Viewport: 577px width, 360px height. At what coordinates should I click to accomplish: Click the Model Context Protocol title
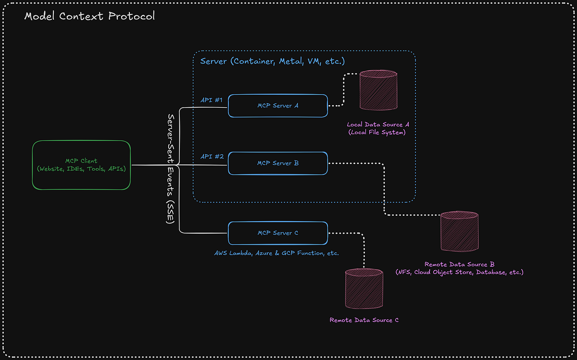point(89,16)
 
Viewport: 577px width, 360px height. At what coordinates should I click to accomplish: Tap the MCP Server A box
point(278,105)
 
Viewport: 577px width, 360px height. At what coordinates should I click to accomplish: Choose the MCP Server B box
point(278,163)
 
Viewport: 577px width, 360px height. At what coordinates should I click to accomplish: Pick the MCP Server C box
point(278,233)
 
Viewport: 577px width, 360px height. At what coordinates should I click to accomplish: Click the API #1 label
point(212,100)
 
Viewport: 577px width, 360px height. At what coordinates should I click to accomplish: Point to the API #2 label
point(212,157)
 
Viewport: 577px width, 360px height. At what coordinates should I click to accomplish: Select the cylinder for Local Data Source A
point(378,90)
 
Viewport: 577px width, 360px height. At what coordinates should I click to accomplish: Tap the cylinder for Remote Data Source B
point(460,231)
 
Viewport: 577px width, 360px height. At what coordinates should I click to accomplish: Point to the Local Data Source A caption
point(378,124)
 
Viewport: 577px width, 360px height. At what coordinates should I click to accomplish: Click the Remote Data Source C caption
point(364,320)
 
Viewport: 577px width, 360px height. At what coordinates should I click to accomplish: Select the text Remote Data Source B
point(460,264)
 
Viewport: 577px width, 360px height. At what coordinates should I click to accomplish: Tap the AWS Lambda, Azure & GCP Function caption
point(277,253)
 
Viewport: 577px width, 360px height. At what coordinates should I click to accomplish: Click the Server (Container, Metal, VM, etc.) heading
point(272,62)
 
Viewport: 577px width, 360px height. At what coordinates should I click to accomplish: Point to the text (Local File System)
point(378,132)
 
